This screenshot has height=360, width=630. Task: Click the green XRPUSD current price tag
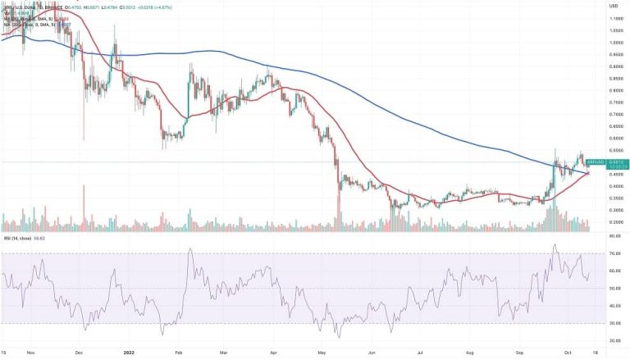[609, 162]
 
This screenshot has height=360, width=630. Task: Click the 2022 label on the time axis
[129, 353]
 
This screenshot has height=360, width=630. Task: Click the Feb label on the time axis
[177, 353]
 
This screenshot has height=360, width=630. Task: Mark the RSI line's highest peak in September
[555, 244]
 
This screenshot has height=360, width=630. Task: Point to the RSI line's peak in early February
[190, 249]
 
